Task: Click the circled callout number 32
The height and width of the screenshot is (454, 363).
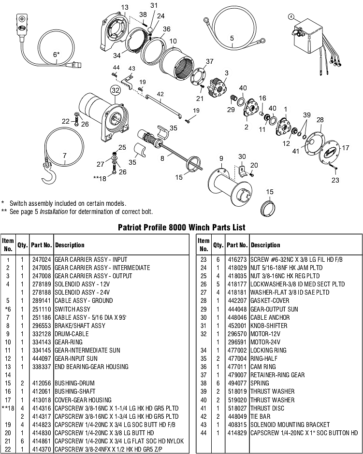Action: pos(115,89)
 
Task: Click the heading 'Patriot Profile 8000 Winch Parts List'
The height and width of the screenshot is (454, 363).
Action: pos(181,227)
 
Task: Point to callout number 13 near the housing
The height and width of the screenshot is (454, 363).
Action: pos(125,7)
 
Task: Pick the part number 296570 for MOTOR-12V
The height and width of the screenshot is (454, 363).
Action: pos(237,334)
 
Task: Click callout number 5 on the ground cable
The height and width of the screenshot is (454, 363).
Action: pos(232,38)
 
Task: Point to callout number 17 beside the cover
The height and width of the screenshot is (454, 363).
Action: pos(346,148)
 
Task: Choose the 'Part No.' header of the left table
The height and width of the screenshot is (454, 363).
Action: pos(42,245)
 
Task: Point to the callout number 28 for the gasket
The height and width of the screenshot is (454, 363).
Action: pos(320,120)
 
